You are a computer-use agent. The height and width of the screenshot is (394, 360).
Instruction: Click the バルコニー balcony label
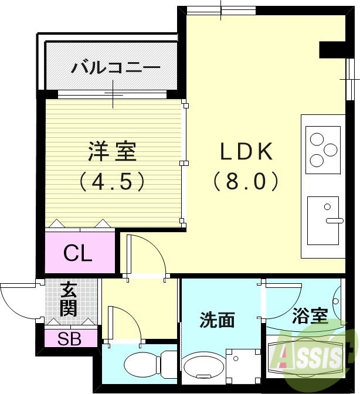(116, 67)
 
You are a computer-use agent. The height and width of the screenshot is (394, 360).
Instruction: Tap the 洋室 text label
(113, 151)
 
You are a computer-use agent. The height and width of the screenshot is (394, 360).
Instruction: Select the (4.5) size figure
(113, 181)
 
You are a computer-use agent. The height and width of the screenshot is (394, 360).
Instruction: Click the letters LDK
(246, 152)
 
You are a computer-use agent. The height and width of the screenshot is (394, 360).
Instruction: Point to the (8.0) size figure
(246, 181)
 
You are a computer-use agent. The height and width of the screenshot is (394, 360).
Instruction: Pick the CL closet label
(78, 253)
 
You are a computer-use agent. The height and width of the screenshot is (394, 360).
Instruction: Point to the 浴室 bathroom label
(310, 316)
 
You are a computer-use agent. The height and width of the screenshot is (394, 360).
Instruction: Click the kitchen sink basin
(323, 220)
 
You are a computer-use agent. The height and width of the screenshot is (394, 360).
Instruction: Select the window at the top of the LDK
(222, 10)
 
